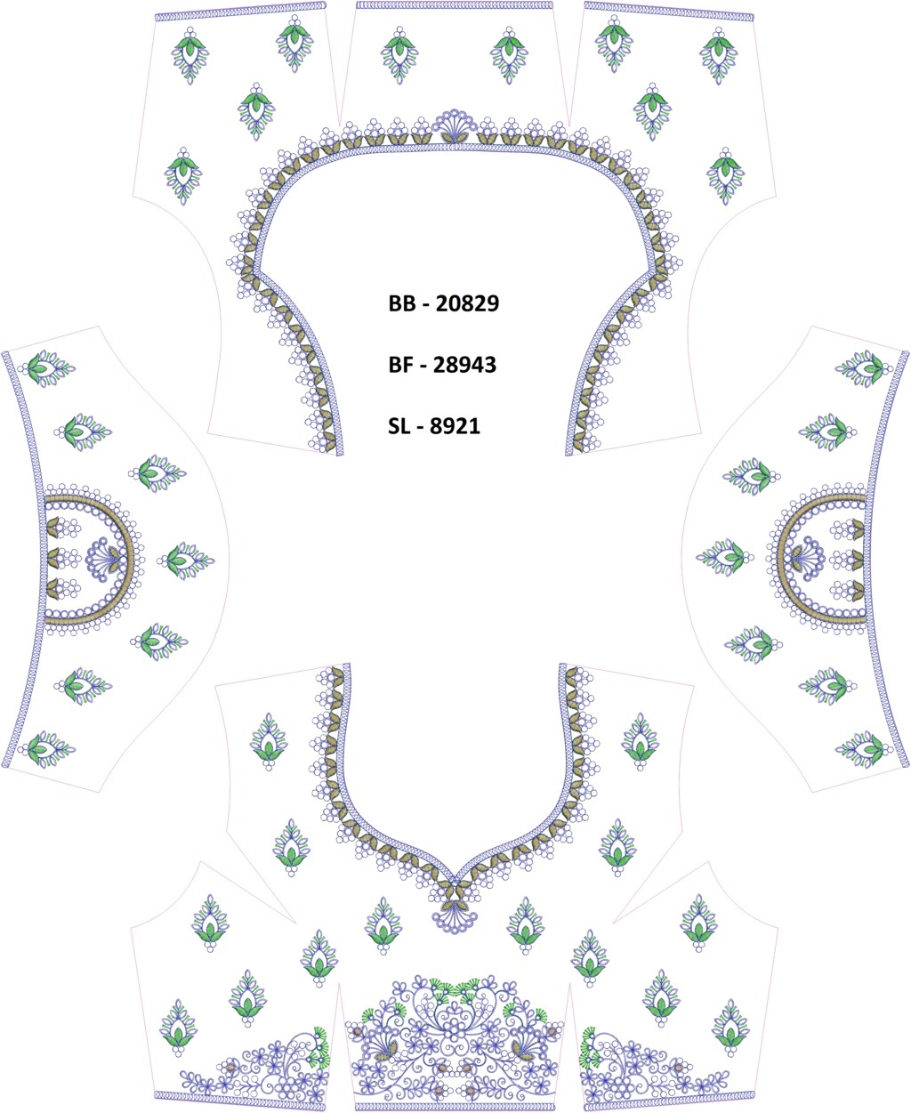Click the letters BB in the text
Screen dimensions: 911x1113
401,303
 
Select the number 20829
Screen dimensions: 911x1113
468,303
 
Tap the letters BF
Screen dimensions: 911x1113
400,365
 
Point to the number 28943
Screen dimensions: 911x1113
465,365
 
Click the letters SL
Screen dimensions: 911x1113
399,426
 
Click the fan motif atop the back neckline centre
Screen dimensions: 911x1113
455,126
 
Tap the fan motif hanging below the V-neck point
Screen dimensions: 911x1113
455,917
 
